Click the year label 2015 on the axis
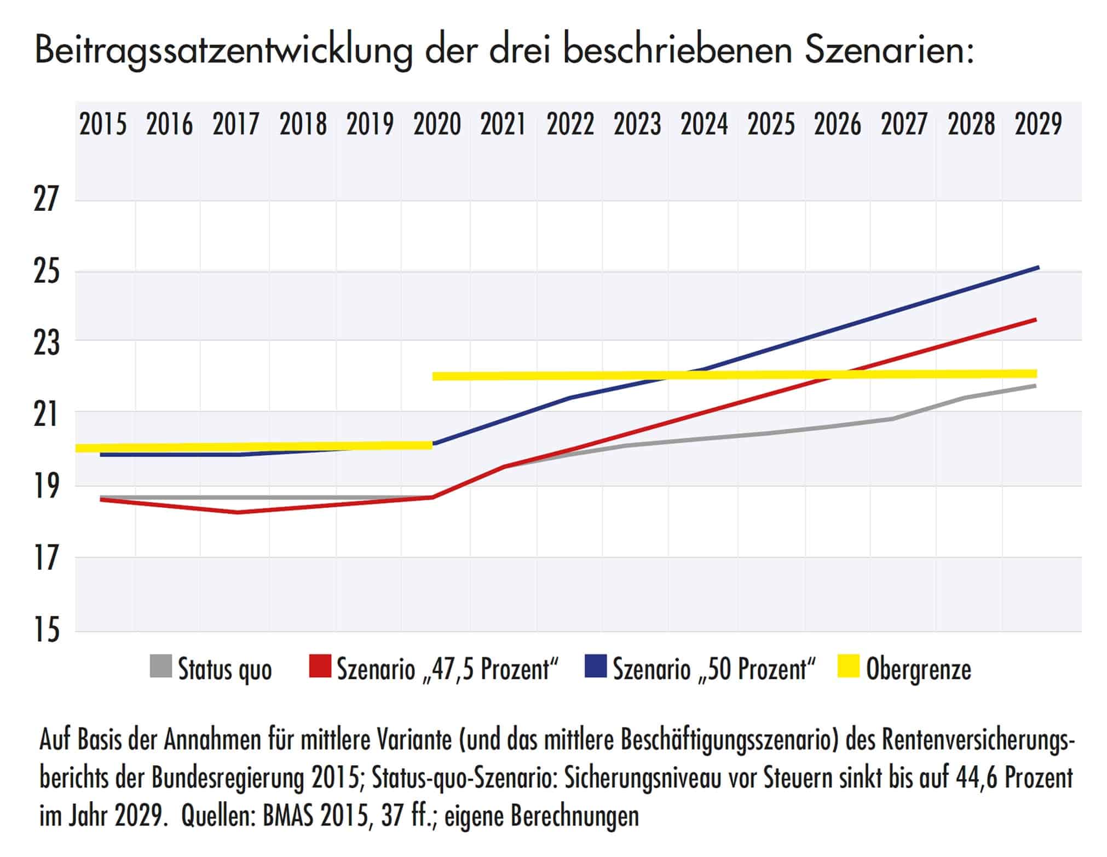103,125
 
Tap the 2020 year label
437,125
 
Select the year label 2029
1038,125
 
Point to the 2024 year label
704,125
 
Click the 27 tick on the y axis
45,199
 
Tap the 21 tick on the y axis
45,414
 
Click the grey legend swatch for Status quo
160,667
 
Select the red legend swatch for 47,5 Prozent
320,667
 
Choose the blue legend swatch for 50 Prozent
595,667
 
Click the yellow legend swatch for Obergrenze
849,667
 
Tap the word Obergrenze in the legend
919,669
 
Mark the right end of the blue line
1038,268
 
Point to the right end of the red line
1035,320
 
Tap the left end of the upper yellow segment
434,377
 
